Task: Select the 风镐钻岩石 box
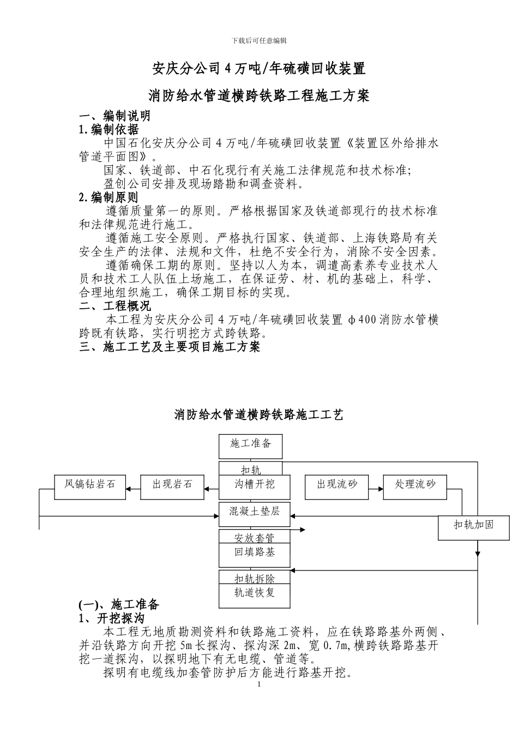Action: [x=89, y=486]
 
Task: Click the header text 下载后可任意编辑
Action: [x=259, y=40]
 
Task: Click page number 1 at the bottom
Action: [x=259, y=685]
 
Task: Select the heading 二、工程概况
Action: [x=115, y=306]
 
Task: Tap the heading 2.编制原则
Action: [x=109, y=197]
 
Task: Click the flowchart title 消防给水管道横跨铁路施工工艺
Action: [x=258, y=415]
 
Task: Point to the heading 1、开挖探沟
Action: [x=112, y=618]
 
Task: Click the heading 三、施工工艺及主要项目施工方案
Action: [x=170, y=347]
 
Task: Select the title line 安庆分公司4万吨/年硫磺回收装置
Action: [x=258, y=69]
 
